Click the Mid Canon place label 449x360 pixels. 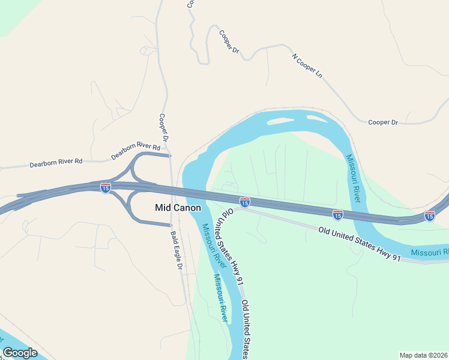coord(178,208)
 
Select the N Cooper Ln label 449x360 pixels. coord(307,66)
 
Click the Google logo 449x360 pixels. coord(20,352)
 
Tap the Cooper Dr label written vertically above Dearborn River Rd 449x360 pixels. coord(164,127)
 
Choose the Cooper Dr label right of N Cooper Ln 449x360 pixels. coord(383,122)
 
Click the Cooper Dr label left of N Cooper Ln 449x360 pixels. coord(229,44)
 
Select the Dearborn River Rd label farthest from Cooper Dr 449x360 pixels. coord(57,163)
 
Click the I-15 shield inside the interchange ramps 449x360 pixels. coord(105,188)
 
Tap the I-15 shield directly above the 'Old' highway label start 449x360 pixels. coord(244,202)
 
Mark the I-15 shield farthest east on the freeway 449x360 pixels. coord(429,215)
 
